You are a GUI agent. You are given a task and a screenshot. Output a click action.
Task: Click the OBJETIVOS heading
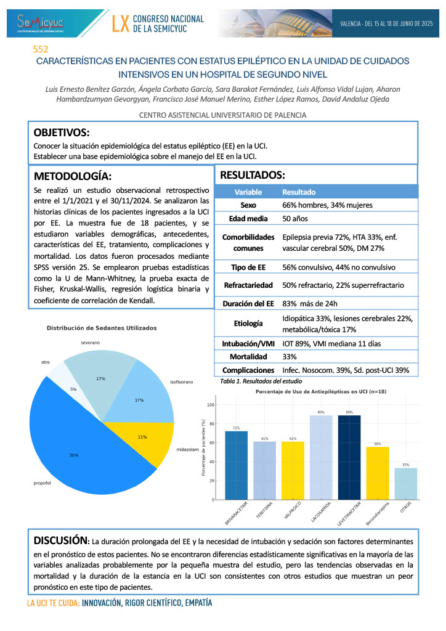click(61, 132)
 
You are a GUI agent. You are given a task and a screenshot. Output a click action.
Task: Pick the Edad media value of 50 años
click(295, 219)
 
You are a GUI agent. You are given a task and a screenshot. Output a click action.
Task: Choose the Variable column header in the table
click(248, 192)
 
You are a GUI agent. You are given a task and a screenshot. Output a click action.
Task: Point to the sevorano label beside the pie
click(90, 342)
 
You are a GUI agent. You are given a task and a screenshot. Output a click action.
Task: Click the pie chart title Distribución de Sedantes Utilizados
click(102, 328)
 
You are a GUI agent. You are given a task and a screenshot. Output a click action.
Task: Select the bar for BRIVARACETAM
click(236, 465)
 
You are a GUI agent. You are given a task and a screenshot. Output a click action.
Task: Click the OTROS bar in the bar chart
click(405, 484)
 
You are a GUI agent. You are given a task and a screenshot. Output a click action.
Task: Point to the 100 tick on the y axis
click(211, 405)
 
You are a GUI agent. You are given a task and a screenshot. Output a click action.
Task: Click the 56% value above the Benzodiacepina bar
click(377, 444)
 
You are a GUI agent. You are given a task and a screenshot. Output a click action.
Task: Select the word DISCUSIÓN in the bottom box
click(60, 540)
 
